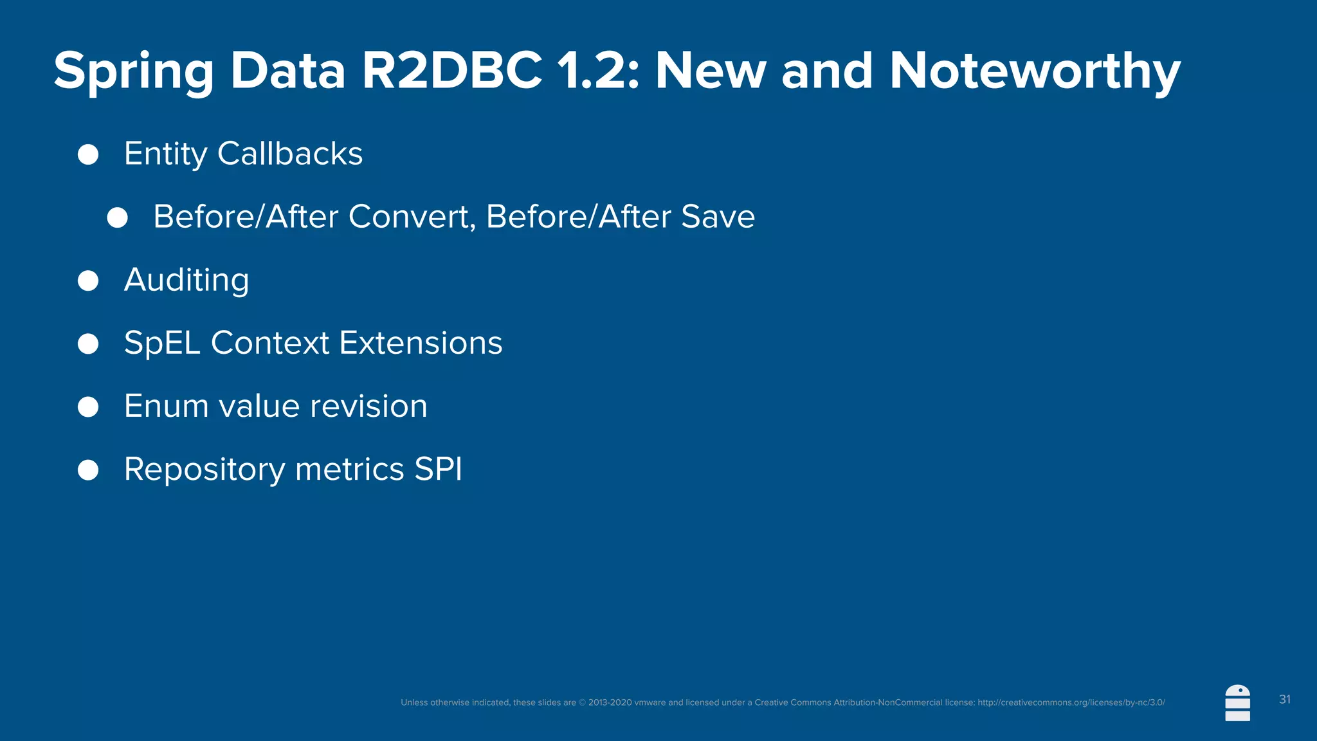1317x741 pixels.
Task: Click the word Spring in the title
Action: pyautogui.click(x=133, y=72)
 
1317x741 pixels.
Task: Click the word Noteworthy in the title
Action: pyautogui.click(x=1035, y=72)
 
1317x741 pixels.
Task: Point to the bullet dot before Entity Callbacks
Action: pyautogui.click(x=88, y=154)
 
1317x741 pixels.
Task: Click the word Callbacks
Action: pyautogui.click(x=290, y=154)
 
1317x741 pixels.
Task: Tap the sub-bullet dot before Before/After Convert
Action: pyautogui.click(x=117, y=217)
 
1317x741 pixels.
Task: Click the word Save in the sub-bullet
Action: pyautogui.click(x=718, y=217)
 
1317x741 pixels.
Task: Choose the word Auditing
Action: pyautogui.click(x=186, y=280)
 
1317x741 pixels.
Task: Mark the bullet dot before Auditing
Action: pyautogui.click(x=88, y=280)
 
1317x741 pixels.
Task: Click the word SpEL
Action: pyautogui.click(x=162, y=343)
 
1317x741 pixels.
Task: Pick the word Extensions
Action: pyautogui.click(x=421, y=343)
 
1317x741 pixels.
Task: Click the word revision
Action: pyautogui.click(x=368, y=407)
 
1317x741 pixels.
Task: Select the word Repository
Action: pyautogui.click(x=204, y=470)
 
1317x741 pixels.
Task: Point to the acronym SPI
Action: pyautogui.click(x=438, y=469)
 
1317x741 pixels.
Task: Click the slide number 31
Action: pyautogui.click(x=1284, y=699)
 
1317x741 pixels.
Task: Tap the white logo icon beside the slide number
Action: pyautogui.click(x=1237, y=703)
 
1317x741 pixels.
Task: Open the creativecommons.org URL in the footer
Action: pyautogui.click(x=1071, y=702)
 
